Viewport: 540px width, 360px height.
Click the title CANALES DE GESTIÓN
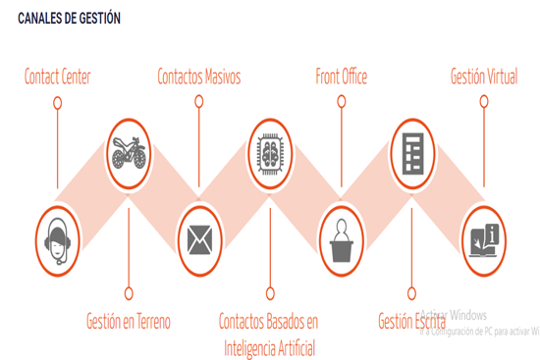click(x=70, y=19)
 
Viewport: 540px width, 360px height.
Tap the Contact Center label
click(x=58, y=77)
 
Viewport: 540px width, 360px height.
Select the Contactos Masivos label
click(x=199, y=77)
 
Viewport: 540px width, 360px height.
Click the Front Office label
click(x=342, y=77)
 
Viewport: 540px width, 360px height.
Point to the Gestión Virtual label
click(x=484, y=77)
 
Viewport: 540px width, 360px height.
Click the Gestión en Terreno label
click(x=129, y=321)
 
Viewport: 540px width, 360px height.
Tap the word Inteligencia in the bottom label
click(x=250, y=348)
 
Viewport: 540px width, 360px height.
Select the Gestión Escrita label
click(x=412, y=321)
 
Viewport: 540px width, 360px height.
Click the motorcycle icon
click(x=129, y=153)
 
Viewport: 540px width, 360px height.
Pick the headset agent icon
click(x=58, y=241)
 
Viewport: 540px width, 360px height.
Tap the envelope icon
click(x=199, y=240)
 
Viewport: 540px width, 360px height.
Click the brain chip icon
click(x=270, y=153)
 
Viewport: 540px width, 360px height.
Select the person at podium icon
click(x=342, y=240)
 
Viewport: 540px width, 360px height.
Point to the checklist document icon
click(x=412, y=153)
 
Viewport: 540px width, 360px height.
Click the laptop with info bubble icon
click(x=484, y=240)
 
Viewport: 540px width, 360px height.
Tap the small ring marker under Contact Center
click(x=58, y=103)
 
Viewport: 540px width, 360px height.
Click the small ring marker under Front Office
click(x=342, y=102)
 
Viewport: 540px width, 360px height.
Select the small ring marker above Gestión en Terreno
click(x=129, y=293)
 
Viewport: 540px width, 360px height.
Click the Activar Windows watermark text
click(x=454, y=315)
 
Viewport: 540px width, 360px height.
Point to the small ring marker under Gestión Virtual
click(x=484, y=102)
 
